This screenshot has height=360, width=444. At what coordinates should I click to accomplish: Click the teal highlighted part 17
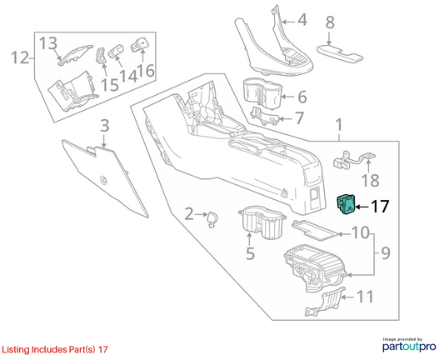tap(345, 204)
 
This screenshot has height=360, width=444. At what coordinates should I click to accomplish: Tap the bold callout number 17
tap(380, 207)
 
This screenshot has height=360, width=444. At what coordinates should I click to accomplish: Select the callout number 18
tap(371, 181)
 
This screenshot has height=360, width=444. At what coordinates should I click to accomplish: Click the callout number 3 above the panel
tap(105, 126)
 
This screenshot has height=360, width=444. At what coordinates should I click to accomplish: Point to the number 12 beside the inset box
tap(20, 57)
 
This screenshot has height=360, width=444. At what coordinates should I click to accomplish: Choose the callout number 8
tap(330, 22)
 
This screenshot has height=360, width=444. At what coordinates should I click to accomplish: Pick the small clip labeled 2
tap(212, 220)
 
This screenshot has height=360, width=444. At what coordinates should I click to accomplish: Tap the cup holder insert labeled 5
tap(262, 222)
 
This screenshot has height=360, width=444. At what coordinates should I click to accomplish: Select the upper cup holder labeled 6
tap(262, 97)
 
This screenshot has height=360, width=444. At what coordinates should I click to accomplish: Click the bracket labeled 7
tap(265, 116)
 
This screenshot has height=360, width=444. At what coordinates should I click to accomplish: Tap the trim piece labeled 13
tap(76, 54)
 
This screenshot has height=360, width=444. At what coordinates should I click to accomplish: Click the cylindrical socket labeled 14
tap(115, 51)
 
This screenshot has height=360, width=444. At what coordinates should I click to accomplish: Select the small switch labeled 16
tap(140, 45)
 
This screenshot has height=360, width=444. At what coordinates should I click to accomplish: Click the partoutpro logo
tap(409, 345)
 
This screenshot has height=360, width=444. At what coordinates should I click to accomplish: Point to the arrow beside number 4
tap(289, 22)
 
